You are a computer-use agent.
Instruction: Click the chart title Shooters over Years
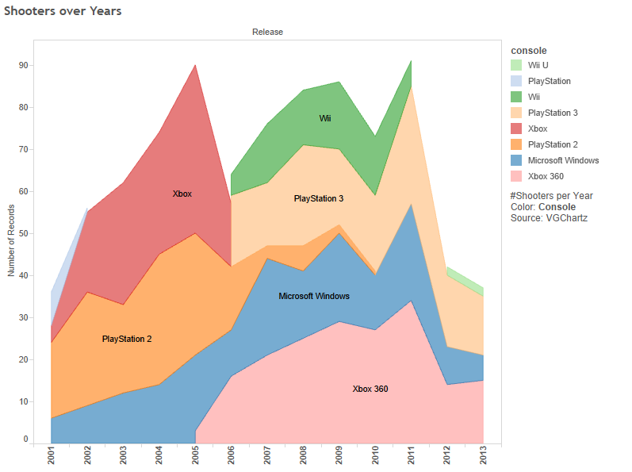pyautogui.click(x=63, y=12)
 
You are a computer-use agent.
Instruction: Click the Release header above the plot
pyautogui.click(x=267, y=32)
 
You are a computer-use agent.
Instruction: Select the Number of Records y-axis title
pyautogui.click(x=11, y=238)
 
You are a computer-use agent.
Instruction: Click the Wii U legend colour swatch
pyautogui.click(x=516, y=65)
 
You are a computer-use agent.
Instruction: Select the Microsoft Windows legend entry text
pyautogui.click(x=563, y=160)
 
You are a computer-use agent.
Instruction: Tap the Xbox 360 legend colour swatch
pyautogui.click(x=516, y=176)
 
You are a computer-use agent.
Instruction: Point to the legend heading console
pyautogui.click(x=529, y=50)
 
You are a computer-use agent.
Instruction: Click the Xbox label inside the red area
pyautogui.click(x=182, y=194)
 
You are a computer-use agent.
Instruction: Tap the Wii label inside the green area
pyautogui.click(x=325, y=118)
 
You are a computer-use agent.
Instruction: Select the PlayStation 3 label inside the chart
pyautogui.click(x=319, y=198)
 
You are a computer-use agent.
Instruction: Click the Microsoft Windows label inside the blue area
pyautogui.click(x=314, y=296)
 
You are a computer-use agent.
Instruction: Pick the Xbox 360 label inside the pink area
pyautogui.click(x=370, y=389)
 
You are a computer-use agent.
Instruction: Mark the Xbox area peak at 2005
pyautogui.click(x=195, y=65)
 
